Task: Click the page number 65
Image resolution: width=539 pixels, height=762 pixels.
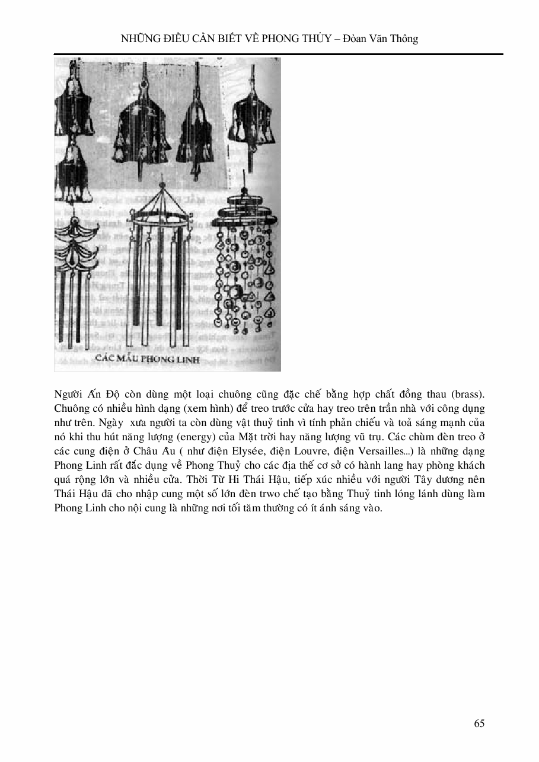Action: tap(480, 723)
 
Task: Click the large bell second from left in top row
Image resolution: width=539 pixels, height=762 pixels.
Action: tap(142, 124)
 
